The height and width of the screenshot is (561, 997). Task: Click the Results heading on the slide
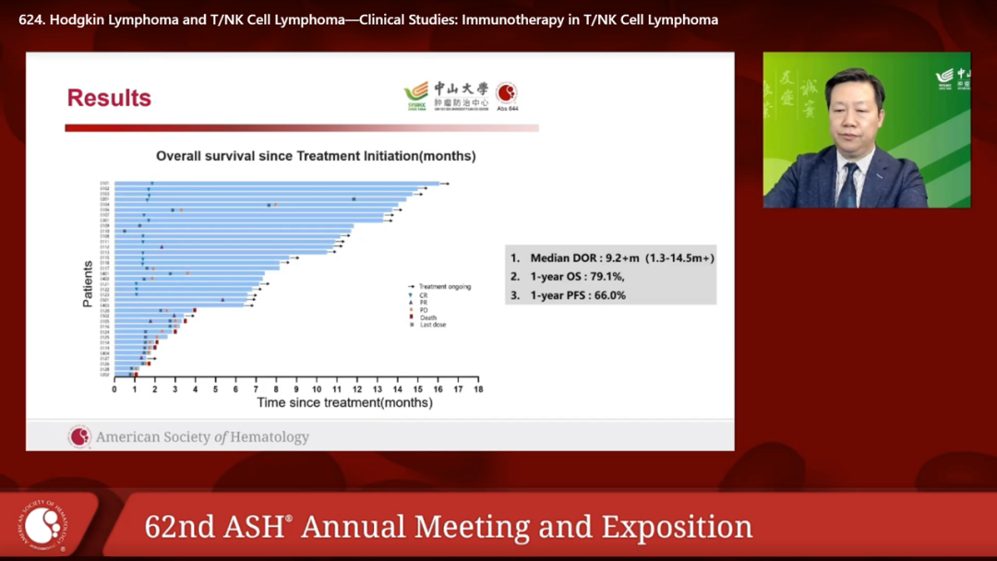(x=109, y=98)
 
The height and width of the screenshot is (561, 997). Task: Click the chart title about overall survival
(x=316, y=157)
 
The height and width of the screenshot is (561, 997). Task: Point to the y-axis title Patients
(x=88, y=283)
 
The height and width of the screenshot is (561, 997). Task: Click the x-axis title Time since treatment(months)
(x=344, y=402)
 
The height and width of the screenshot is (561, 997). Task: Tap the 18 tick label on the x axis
(x=477, y=388)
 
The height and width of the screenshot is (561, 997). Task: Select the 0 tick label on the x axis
(x=114, y=388)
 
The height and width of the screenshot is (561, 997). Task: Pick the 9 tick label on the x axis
(x=296, y=388)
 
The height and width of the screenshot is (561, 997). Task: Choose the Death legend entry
(x=427, y=317)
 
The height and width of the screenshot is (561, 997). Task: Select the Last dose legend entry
(x=432, y=325)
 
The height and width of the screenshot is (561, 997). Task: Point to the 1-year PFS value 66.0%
(x=604, y=295)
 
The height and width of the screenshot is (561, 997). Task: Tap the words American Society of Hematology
(x=202, y=437)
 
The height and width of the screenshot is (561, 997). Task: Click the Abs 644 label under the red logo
(x=508, y=109)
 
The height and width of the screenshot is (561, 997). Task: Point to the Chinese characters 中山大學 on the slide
(x=462, y=89)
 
